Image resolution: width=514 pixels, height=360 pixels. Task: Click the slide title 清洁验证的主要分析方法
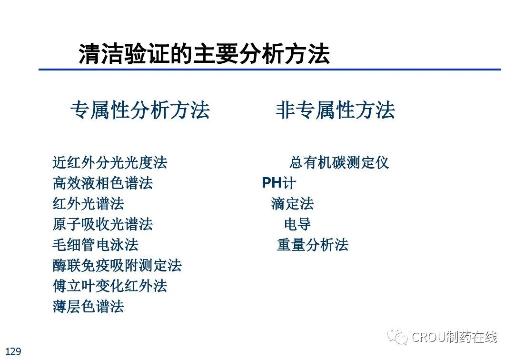[204, 54]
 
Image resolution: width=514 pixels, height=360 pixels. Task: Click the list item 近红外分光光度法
[110, 163]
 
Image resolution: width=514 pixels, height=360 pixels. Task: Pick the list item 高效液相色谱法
[103, 183]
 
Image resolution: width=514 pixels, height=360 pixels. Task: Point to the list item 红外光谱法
[89, 204]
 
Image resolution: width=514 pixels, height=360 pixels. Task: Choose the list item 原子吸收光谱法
[103, 224]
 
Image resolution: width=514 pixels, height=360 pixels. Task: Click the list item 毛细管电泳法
[95, 245]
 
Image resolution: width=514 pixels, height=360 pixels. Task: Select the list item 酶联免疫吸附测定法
[117, 265]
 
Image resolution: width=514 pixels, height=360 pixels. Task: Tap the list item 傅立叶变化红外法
[110, 286]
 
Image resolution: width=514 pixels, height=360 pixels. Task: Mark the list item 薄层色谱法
[89, 307]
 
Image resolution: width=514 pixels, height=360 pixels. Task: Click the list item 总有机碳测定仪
[339, 163]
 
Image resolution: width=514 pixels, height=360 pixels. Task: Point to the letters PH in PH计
[272, 183]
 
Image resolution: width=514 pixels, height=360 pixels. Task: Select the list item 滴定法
[292, 204]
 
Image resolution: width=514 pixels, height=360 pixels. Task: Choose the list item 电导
[297, 224]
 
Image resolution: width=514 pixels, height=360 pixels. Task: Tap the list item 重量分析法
[313, 245]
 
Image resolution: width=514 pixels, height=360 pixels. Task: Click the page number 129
[13, 351]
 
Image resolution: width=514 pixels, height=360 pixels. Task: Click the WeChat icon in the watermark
[397, 336]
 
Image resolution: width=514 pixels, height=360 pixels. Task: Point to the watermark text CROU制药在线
[455, 337]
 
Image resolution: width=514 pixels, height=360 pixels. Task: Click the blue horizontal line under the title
[270, 70]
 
